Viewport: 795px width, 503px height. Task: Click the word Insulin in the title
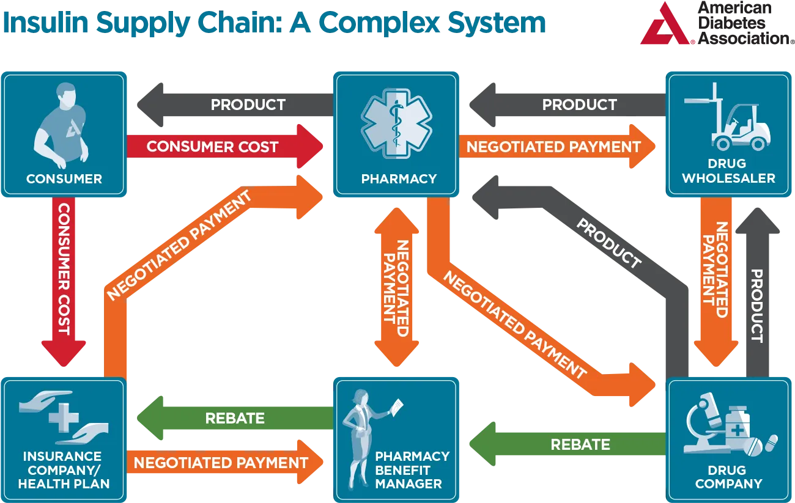(45, 23)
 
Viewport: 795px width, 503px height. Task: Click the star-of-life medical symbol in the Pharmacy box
(396, 123)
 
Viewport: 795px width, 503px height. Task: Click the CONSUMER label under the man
(64, 179)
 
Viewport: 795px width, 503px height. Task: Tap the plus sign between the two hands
(64, 417)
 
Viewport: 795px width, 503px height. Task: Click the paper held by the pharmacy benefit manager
(397, 407)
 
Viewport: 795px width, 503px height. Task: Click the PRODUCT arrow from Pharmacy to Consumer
(235, 105)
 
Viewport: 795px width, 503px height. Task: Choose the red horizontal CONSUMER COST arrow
(224, 146)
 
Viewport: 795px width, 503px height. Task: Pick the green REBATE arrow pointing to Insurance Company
(235, 418)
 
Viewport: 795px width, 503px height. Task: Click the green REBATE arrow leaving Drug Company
(568, 444)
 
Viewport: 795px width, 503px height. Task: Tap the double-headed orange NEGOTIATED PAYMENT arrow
(397, 287)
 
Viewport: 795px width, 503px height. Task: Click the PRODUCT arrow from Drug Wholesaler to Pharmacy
(568, 105)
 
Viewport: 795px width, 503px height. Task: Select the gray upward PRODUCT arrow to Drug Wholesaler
(757, 293)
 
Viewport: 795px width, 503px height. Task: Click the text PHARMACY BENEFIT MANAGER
(412, 470)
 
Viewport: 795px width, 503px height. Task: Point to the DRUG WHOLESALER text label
(728, 171)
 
